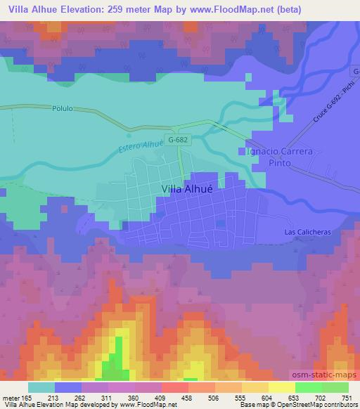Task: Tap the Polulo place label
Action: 63,109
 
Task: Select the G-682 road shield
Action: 177,140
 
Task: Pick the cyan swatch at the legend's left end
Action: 41,387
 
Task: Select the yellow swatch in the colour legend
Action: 281,387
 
